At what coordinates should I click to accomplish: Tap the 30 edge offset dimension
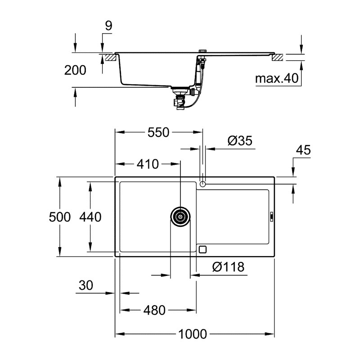pos(85,285)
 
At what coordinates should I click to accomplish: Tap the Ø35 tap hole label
pos(239,141)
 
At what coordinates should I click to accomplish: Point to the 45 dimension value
pos(304,150)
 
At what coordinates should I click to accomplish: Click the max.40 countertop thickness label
pos(277,79)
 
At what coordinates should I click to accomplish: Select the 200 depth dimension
pos(75,70)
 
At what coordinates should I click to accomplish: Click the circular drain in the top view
pos(180,217)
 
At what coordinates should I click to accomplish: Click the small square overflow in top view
pos(202,249)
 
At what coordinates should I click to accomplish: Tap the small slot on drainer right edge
pos(271,217)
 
